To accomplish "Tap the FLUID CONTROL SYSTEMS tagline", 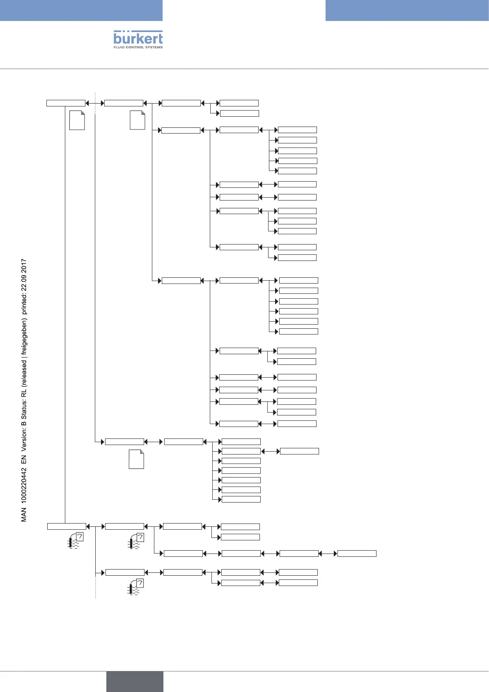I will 138,47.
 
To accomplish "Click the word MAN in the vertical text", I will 24,515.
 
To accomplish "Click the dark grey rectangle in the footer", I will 135,681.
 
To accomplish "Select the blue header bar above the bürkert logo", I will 81,10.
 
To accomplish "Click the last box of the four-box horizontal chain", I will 357,554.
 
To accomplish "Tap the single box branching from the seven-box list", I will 299,451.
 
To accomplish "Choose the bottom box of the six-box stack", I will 298,331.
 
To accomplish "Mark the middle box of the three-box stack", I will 297,221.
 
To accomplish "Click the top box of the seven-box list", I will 241,442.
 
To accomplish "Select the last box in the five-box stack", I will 297,171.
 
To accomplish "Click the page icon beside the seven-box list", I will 136,459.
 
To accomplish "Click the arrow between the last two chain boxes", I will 328,554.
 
